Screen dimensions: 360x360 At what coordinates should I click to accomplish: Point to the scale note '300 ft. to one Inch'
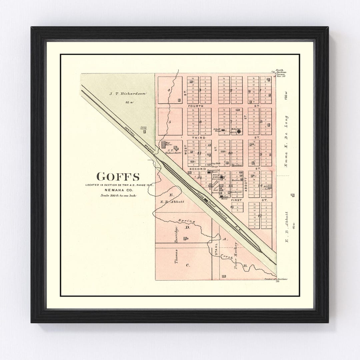pos(119,195)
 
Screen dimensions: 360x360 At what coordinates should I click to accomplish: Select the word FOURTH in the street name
pos(195,106)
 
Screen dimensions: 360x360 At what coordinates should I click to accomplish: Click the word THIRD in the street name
pos(198,137)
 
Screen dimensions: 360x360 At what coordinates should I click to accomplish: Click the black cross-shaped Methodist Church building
pos(239,131)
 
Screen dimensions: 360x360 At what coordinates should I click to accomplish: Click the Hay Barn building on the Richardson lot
pos(163,145)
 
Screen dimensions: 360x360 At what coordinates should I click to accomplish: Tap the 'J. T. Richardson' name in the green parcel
pos(128,94)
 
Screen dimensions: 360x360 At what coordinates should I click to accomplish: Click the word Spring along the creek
pos(184,221)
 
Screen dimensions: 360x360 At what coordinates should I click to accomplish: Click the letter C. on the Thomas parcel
pos(188,265)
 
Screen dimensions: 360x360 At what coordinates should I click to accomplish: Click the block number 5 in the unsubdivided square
pos(169,122)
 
